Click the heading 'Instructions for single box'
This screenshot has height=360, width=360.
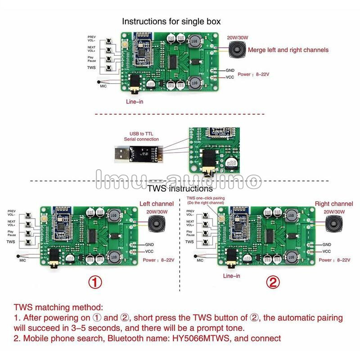pyautogui.click(x=171, y=21)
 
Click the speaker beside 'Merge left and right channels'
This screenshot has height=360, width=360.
pyautogui.click(x=235, y=49)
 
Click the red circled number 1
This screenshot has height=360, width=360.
pyautogui.click(x=95, y=282)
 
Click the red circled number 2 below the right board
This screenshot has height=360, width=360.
pyautogui.click(x=272, y=282)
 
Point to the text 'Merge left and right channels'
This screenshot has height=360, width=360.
pyautogui.click(x=288, y=50)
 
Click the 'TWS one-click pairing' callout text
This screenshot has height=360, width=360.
pyautogui.click(x=206, y=200)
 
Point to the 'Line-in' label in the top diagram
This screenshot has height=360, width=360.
pyautogui.click(x=135, y=102)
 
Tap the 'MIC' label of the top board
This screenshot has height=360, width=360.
pyautogui.click(x=103, y=85)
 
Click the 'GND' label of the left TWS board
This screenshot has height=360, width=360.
pyautogui.click(x=149, y=245)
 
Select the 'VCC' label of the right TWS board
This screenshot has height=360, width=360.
pyautogui.click(x=327, y=252)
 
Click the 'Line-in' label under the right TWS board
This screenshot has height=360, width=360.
pyautogui.click(x=231, y=275)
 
